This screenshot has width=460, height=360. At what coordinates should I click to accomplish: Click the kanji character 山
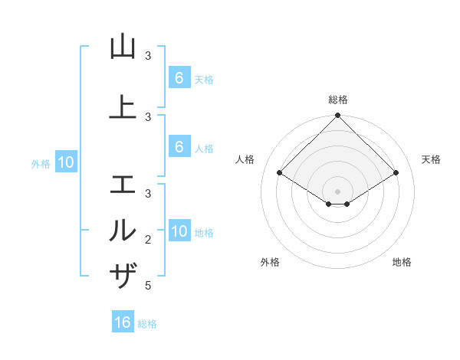coord(123,47)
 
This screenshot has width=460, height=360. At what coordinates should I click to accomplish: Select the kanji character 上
coord(123,107)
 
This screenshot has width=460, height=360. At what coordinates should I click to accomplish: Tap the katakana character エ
coord(123,185)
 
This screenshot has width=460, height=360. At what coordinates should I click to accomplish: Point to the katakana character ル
coord(123,230)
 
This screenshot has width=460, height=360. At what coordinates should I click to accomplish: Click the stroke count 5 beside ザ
coord(148,286)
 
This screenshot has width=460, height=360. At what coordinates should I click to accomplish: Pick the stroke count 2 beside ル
coord(148,240)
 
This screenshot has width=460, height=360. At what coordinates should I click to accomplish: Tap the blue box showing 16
coord(123,322)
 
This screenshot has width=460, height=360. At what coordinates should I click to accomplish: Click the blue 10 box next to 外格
coord(65,162)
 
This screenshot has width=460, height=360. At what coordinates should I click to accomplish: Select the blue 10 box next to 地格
coord(179,231)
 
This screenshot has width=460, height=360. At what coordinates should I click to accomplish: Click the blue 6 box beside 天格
coord(179,77)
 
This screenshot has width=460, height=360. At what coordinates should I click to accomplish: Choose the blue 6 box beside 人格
coord(179,147)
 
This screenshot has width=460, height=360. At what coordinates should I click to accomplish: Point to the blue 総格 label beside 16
coord(147,324)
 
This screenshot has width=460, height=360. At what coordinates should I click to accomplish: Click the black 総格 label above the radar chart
coord(338,100)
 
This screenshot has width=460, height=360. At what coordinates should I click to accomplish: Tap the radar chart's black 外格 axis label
coord(270,262)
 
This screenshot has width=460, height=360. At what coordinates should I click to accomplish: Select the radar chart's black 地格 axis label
coord(402,262)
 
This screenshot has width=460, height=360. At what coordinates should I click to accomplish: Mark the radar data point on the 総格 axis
coord(338,116)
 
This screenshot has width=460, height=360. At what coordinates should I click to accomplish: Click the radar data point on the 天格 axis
coord(396,173)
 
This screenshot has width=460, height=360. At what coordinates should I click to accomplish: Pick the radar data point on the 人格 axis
coord(280,173)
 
